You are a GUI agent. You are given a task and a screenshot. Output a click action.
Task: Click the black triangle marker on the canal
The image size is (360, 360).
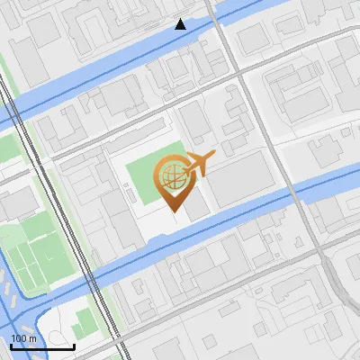pyautogui.click(x=181, y=24)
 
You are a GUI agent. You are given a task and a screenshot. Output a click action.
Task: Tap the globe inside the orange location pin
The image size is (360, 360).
pyautogui.click(x=170, y=175)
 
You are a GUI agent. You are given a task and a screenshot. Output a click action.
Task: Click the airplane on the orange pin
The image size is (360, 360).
pyautogui.click(x=197, y=164)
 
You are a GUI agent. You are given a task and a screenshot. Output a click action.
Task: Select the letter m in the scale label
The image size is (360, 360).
pyautogui.click(x=33, y=338)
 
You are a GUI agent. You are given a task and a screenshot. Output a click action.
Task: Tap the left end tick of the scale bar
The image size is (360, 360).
pyautogui.click(x=11, y=346)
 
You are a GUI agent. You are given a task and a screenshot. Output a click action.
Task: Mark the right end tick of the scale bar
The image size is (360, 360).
pyautogui.click(x=74, y=346)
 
